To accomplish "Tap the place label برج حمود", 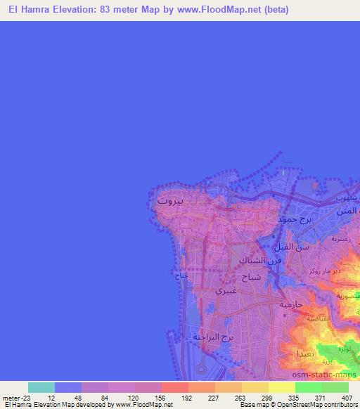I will point(295,219).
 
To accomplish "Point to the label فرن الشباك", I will point(260,261).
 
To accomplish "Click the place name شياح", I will point(252,278).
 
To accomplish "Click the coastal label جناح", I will point(181,277).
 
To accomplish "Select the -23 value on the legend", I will point(24,397).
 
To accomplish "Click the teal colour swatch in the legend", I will point(41,387).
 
